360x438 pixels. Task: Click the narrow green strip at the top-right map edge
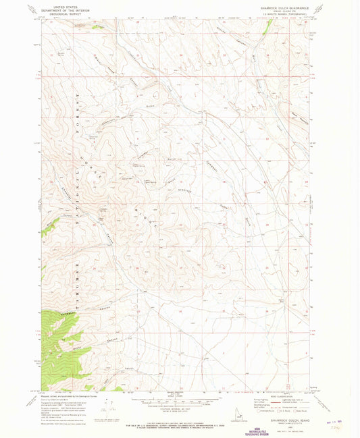click(x=269, y=27)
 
